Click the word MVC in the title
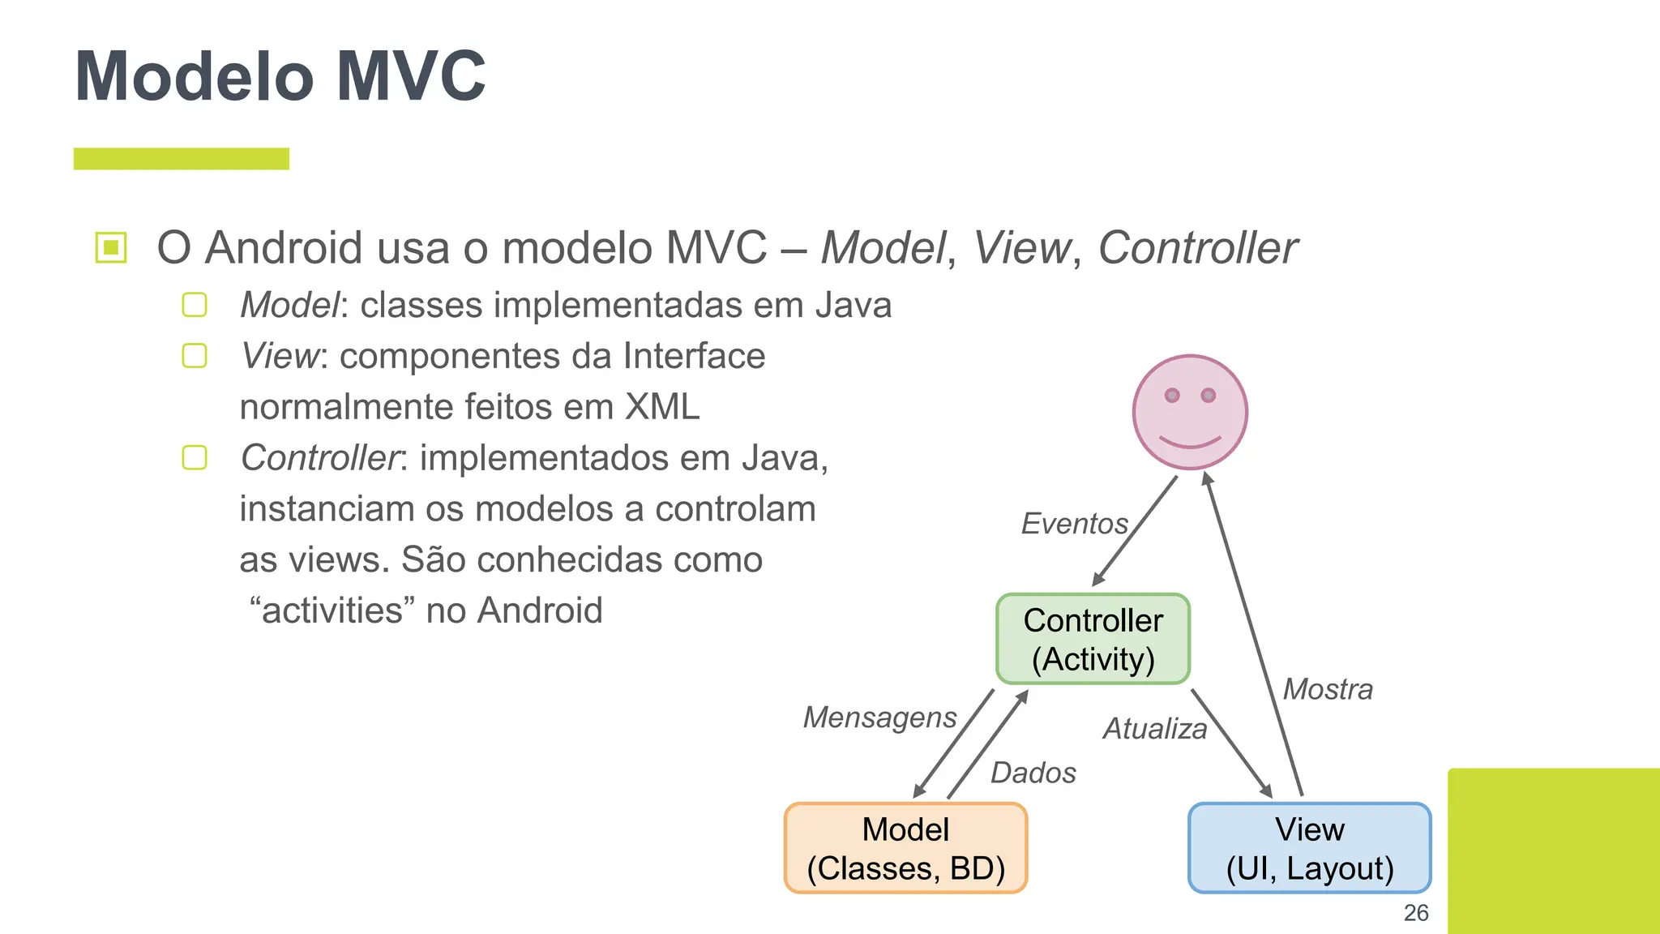click(411, 76)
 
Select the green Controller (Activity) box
click(1093, 639)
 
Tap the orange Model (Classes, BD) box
click(905, 848)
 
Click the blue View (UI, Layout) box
click(1309, 848)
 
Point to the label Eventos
click(1074, 524)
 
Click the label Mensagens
click(879, 718)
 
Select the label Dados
click(1033, 773)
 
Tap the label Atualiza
click(1154, 729)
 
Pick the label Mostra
click(1328, 689)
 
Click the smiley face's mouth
click(1190, 443)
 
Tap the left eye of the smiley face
click(1172, 396)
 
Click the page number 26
click(1415, 913)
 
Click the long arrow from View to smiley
click(1254, 632)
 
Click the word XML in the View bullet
click(661, 407)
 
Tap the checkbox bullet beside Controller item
click(195, 458)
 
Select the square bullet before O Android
click(111, 247)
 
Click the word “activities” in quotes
click(332, 611)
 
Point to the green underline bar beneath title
click(182, 159)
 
